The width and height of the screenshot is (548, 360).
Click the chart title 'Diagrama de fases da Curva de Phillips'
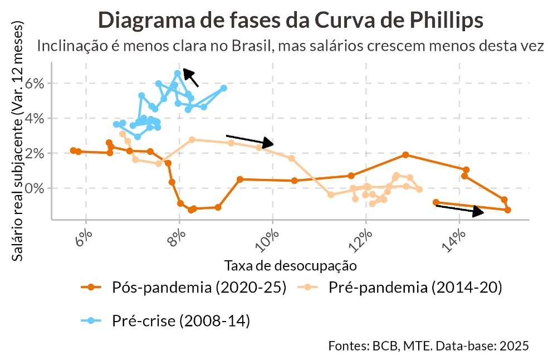point(290,21)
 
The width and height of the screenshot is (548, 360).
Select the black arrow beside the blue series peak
point(190,78)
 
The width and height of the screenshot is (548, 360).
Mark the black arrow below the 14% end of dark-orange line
point(459,210)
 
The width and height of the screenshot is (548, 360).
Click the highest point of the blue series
point(178,74)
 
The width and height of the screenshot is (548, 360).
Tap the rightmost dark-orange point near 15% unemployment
point(508,210)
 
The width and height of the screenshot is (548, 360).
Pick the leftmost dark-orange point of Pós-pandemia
point(73,150)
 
